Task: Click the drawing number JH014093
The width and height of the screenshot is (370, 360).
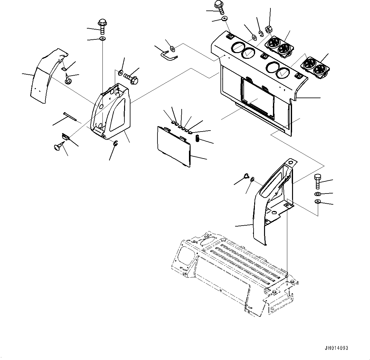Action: [x=336, y=348]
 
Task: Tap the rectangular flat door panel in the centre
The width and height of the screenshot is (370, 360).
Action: [x=174, y=146]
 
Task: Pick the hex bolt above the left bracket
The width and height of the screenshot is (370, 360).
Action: [x=102, y=27]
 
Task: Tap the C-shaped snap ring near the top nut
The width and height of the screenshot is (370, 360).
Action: [x=261, y=34]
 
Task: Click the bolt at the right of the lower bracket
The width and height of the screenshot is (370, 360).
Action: [x=318, y=181]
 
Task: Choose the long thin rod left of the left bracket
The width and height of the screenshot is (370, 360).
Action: [x=70, y=117]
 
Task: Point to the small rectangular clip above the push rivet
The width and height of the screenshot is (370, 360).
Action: [x=65, y=137]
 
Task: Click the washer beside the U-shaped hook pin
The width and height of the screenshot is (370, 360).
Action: [x=173, y=49]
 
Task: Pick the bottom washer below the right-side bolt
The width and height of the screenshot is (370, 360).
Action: [x=318, y=202]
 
